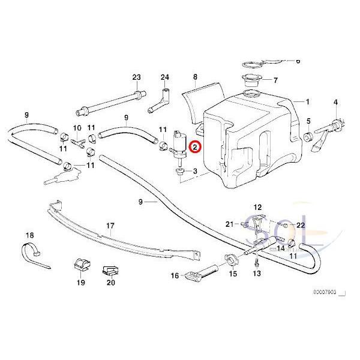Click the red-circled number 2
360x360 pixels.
tap(194, 145)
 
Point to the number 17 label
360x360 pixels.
tap(110, 226)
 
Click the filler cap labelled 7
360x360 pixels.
tap(249, 81)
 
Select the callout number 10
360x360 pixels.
tap(77, 128)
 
